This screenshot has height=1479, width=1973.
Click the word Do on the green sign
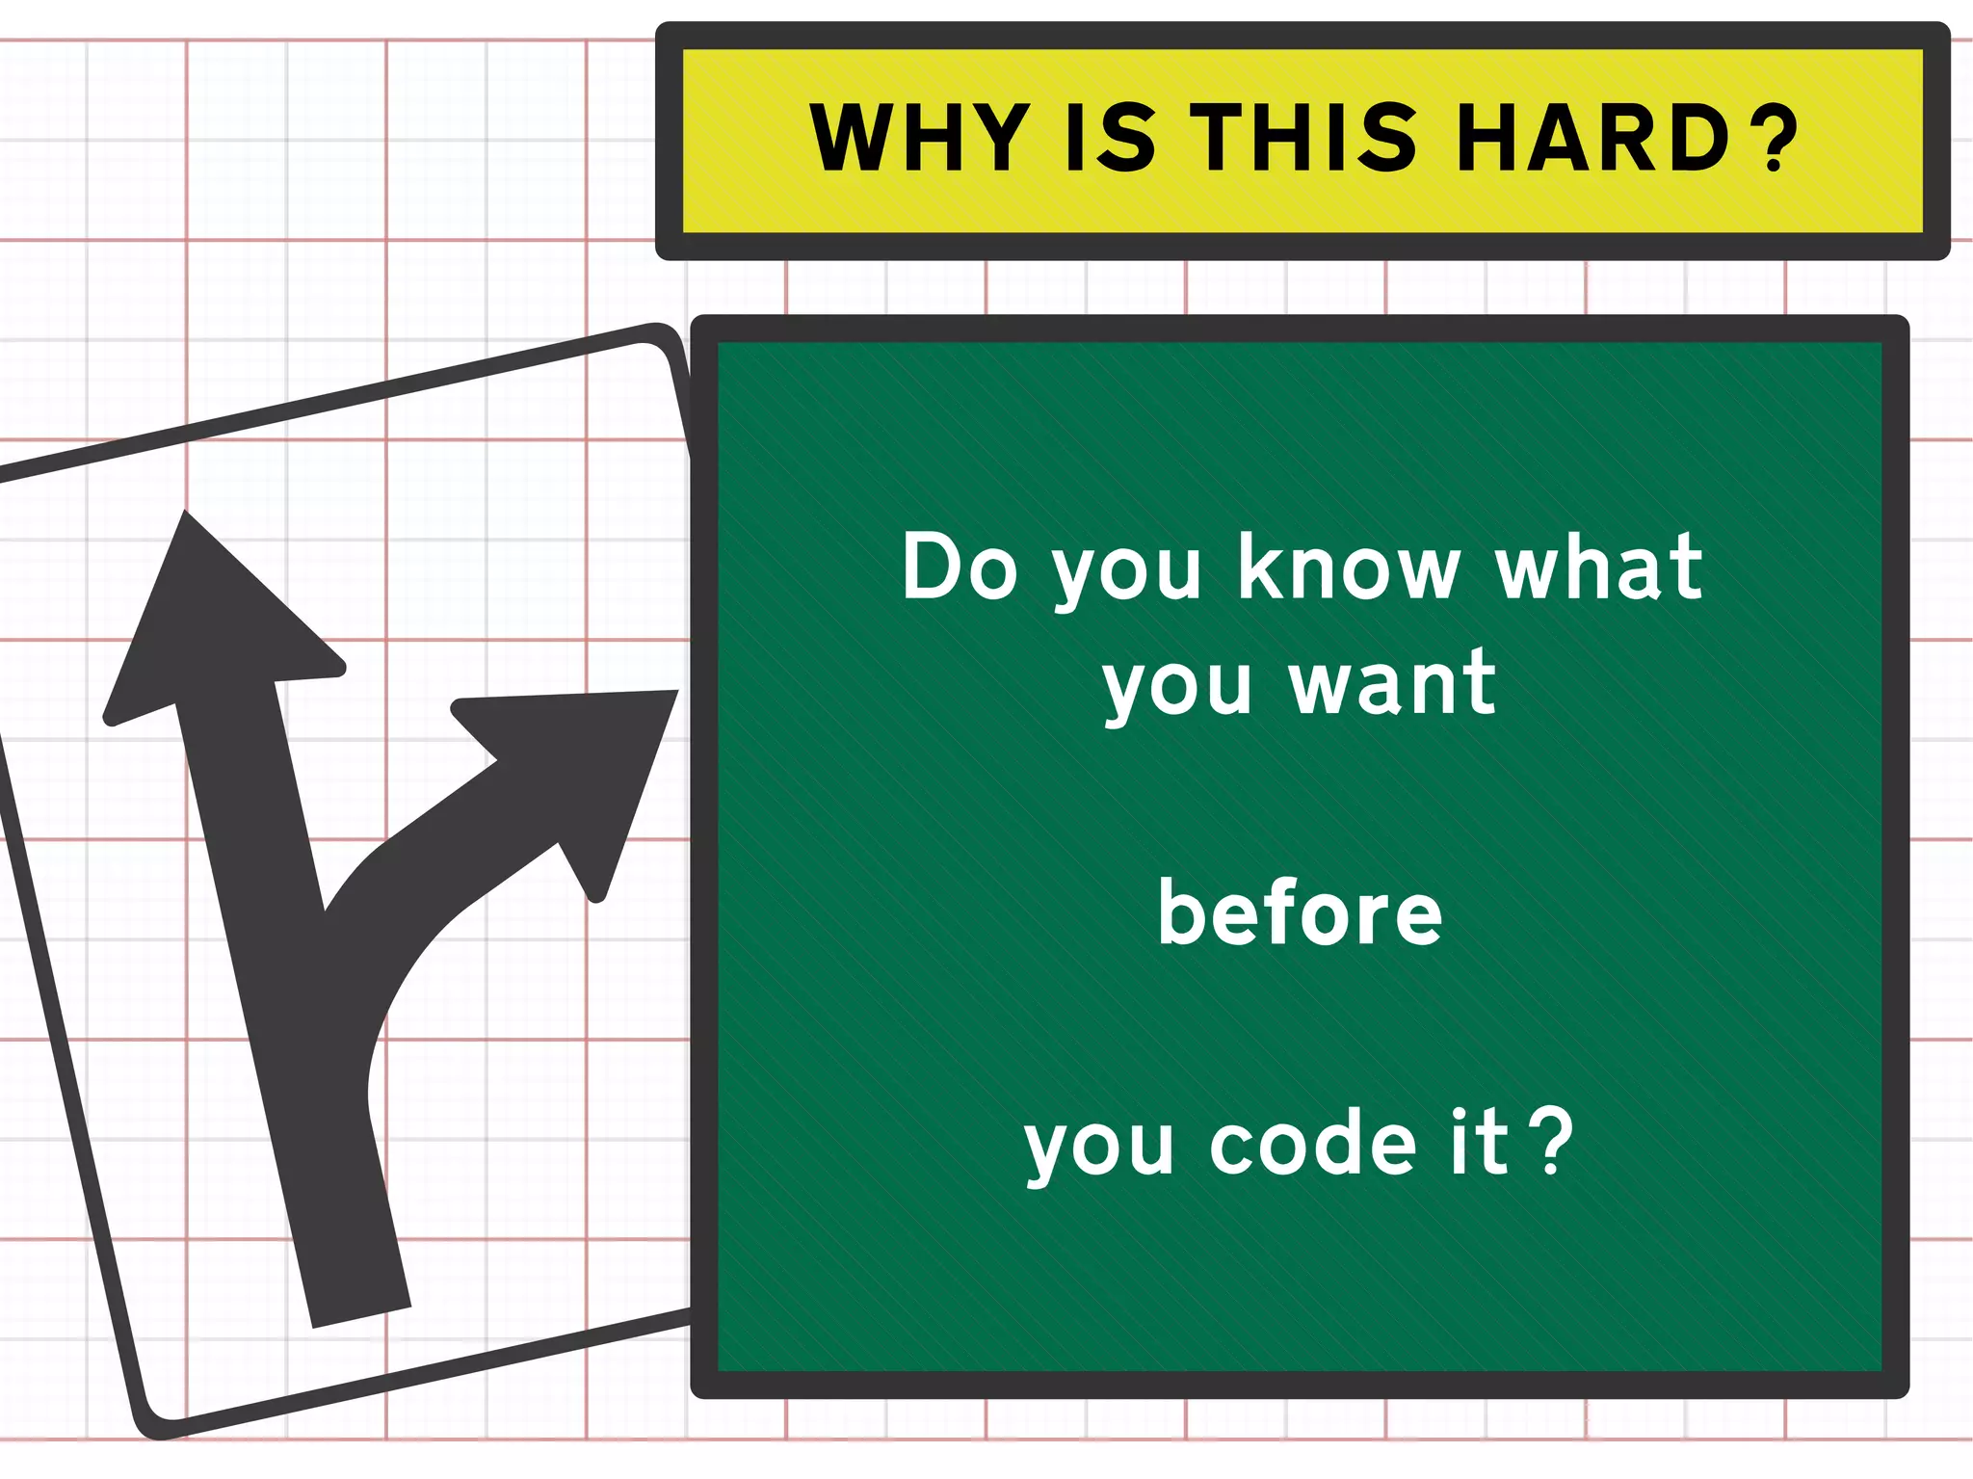pyautogui.click(x=960, y=568)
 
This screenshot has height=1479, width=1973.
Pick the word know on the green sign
pyautogui.click(x=1349, y=568)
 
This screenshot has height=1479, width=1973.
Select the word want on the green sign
pyautogui.click(x=1393, y=683)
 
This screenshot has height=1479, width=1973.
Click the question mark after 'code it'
pyautogui.click(x=1552, y=1144)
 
